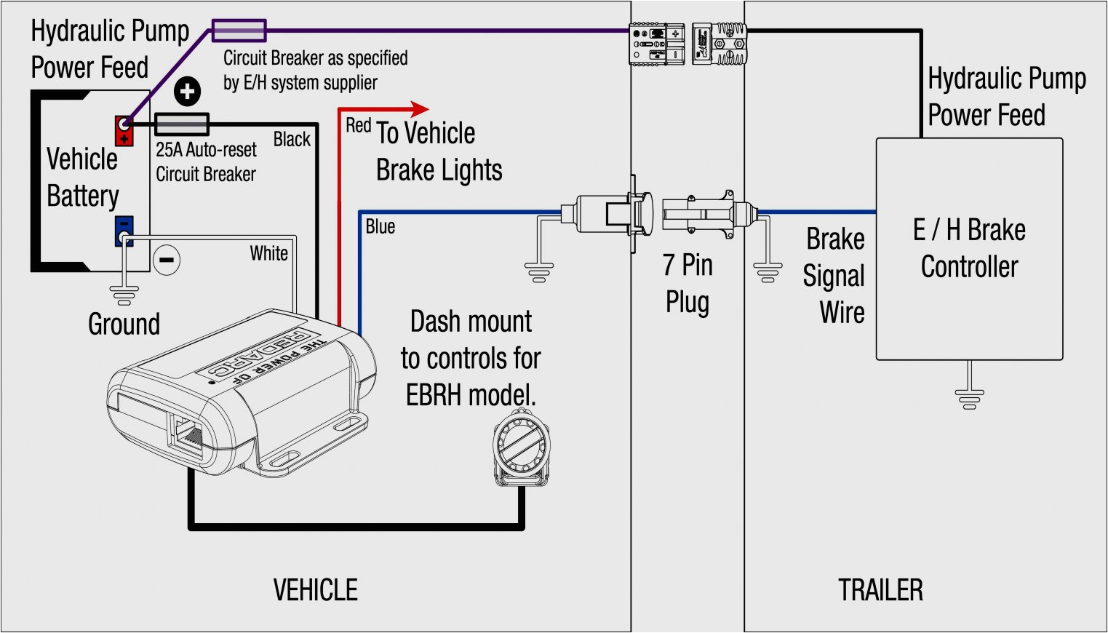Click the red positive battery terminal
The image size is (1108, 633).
(124, 130)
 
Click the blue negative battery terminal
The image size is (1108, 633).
(124, 231)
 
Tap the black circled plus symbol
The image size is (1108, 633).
(188, 92)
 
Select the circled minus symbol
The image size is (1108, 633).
(167, 260)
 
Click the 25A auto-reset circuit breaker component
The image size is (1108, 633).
(182, 124)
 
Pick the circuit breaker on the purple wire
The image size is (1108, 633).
(239, 31)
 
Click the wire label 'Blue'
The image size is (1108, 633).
(380, 227)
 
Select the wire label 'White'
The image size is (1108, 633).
(268, 253)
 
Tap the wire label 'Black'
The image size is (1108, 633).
(292, 140)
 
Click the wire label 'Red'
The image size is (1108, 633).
(358, 126)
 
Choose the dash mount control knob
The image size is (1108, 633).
(521, 446)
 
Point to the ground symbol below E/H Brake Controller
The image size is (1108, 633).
(969, 399)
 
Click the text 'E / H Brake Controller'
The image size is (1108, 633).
(969, 248)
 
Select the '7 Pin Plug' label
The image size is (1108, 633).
(687, 283)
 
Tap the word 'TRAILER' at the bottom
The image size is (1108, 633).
(880, 590)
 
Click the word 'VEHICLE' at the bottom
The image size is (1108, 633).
(315, 590)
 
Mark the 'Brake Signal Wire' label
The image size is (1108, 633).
(835, 276)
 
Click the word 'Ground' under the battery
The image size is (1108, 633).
(124, 325)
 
